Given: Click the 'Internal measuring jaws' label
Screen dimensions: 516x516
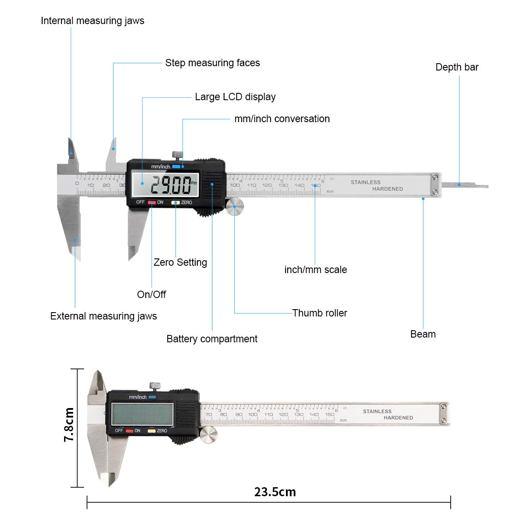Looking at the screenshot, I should pos(92,21).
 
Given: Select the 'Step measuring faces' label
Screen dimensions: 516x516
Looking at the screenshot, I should pos(212,63).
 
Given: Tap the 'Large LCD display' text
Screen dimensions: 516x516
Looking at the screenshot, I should pos(235,97).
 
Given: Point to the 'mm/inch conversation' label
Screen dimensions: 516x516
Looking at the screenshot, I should pos(282,119).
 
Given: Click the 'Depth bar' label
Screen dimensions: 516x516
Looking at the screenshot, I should pos(457,67).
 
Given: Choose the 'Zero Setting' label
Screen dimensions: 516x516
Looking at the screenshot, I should pos(180,262).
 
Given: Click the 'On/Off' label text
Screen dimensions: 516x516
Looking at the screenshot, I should pos(151,295).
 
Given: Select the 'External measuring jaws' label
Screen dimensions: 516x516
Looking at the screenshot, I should pos(103,316).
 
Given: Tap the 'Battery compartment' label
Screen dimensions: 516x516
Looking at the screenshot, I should pos(212,339).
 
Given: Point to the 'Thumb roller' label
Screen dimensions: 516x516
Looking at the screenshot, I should pos(319,313).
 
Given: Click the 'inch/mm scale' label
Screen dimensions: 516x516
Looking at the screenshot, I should pos(315,270).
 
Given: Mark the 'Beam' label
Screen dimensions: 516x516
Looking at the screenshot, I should pos(423,334).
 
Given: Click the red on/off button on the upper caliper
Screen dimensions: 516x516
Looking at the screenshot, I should pos(152,202).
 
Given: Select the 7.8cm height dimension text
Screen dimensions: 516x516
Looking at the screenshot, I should pos(69,425).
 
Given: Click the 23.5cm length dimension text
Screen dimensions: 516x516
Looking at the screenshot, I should pos(275,492).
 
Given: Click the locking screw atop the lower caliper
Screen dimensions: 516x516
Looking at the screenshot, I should pos(155,386).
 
